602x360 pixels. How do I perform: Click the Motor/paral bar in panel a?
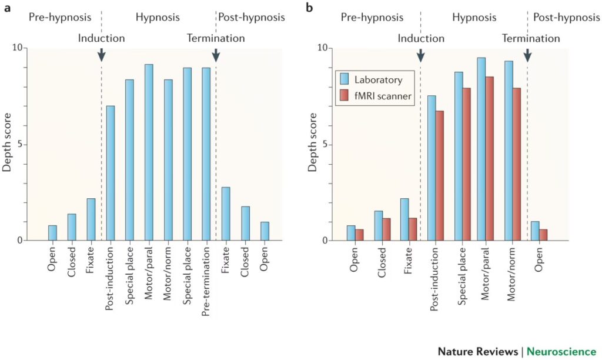coord(149,152)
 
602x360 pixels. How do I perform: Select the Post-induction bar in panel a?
coord(111,173)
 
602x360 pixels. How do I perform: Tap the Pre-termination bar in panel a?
coord(206,154)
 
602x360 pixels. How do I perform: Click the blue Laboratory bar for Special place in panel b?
coord(459,156)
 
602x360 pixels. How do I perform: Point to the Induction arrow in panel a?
coord(101,55)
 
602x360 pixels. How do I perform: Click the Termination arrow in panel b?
coord(527,55)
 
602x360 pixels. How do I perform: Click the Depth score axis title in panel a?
coord(7,144)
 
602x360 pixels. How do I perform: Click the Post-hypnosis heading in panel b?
coord(566,17)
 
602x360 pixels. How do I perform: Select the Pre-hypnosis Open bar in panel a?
coord(53,233)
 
